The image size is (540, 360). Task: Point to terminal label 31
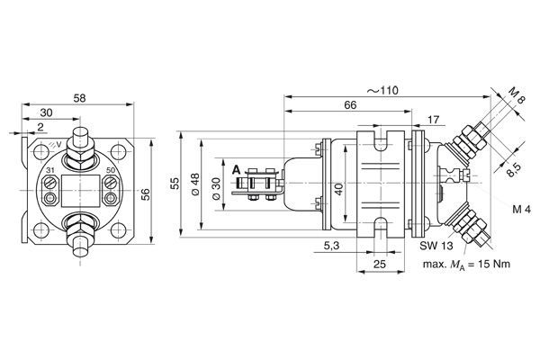[x=48, y=168]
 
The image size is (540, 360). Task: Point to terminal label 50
[x=111, y=168]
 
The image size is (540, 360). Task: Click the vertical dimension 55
[x=175, y=184]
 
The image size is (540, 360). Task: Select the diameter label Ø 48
[x=194, y=186]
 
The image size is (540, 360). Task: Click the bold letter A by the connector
[x=236, y=168]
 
